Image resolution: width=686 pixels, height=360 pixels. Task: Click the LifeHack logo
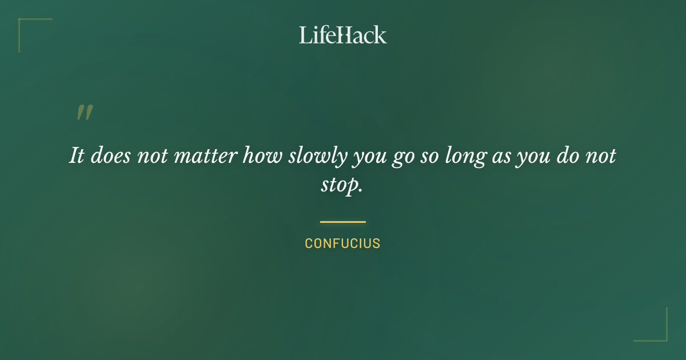(x=343, y=35)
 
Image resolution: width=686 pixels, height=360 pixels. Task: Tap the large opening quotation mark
(x=85, y=113)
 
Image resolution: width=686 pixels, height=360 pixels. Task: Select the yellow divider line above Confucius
(x=343, y=222)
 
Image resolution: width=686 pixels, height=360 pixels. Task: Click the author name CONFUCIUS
(x=343, y=243)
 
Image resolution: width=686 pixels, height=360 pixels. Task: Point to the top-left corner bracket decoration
(x=26, y=26)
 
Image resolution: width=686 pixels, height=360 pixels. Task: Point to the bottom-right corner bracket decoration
(x=660, y=334)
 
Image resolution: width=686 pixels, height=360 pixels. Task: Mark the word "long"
(x=466, y=156)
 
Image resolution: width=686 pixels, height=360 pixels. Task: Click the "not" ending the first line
(x=602, y=156)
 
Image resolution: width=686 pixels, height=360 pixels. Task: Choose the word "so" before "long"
(x=431, y=156)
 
